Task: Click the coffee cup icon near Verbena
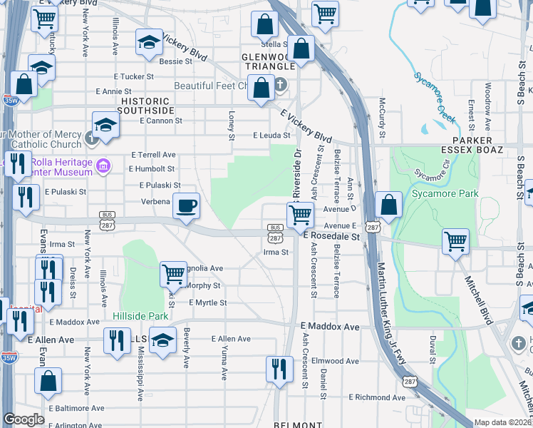[x=187, y=206]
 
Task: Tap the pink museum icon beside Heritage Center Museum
[x=103, y=166]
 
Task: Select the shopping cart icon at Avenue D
[x=301, y=213]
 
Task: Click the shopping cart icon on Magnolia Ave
[x=173, y=273]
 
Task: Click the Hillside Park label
[x=140, y=315]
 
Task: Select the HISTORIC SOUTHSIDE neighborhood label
[x=145, y=106]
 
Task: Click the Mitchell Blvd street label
[x=477, y=300]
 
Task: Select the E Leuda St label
[x=271, y=135]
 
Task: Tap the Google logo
[x=24, y=419]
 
